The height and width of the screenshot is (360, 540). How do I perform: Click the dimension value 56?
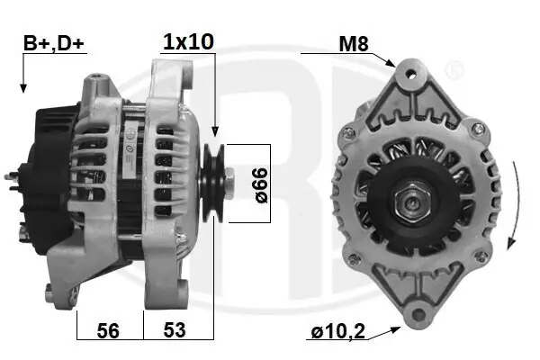coord(108,329)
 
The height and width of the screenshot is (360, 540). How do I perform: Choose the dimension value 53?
coord(175,329)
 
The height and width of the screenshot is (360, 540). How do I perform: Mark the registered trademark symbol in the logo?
coord(455,67)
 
